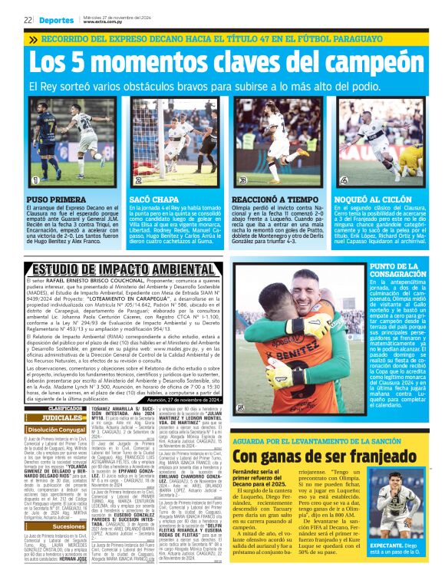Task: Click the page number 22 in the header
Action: (27, 20)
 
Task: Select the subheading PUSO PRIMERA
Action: (50, 199)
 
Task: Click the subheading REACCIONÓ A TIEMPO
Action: (273, 199)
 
